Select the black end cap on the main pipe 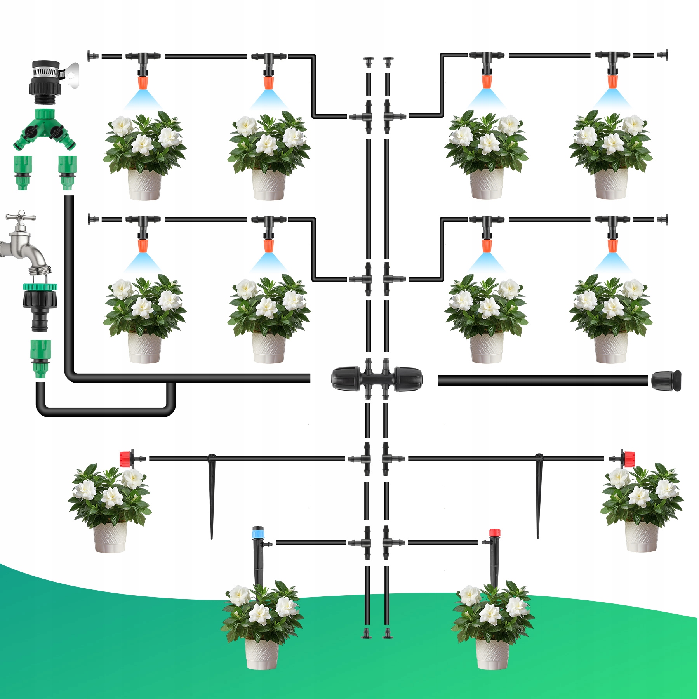pyautogui.click(x=666, y=381)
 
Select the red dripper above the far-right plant pyautogui.click(x=628, y=459)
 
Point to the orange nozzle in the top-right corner pyautogui.click(x=612, y=81)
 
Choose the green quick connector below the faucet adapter pyautogui.click(x=40, y=358)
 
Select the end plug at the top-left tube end pyautogui.click(x=92, y=56)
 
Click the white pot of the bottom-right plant pyautogui.click(x=492, y=654)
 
